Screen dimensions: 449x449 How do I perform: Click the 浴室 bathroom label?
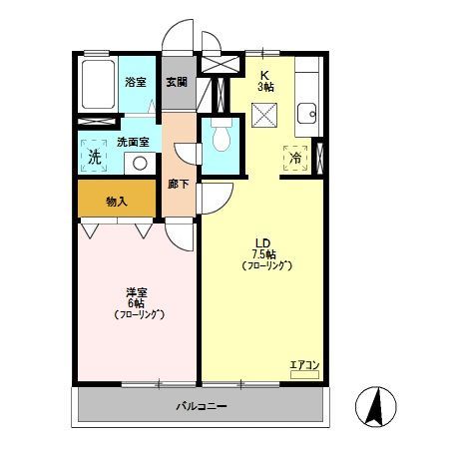click(x=136, y=82)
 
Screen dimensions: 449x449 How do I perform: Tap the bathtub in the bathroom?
click(x=98, y=85)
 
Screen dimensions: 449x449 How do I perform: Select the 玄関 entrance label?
click(x=177, y=82)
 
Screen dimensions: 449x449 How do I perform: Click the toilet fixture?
click(x=222, y=137)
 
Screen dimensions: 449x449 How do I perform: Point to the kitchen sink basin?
click(x=306, y=113)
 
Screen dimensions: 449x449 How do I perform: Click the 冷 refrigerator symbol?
click(x=295, y=159)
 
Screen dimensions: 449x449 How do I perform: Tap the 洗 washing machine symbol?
click(x=95, y=156)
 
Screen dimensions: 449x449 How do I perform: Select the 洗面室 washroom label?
click(x=133, y=142)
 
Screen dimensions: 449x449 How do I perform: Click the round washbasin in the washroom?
click(x=140, y=164)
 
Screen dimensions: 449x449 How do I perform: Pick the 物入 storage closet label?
click(x=117, y=202)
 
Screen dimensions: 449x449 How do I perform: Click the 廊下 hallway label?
click(x=179, y=184)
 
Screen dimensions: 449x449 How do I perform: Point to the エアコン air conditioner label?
click(x=305, y=365)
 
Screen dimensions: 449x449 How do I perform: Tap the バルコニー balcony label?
click(x=202, y=406)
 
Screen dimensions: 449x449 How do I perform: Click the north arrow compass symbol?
click(x=376, y=406)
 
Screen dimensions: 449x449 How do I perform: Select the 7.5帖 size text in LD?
click(x=263, y=254)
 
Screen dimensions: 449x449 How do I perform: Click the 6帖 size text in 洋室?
click(x=136, y=303)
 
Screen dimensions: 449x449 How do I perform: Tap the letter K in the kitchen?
click(x=265, y=75)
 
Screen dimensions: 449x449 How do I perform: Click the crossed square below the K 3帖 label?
click(x=264, y=115)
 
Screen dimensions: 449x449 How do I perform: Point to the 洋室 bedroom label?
click(x=137, y=292)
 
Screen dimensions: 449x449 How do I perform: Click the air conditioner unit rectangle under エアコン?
click(x=305, y=375)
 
